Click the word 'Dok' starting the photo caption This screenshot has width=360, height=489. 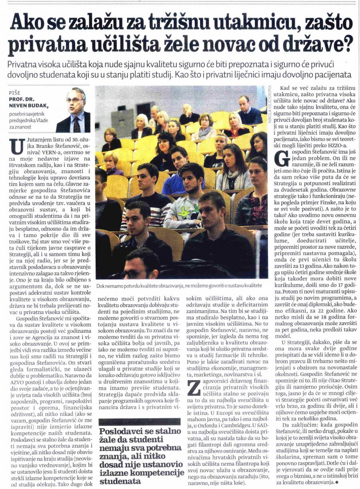pos(100,285)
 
